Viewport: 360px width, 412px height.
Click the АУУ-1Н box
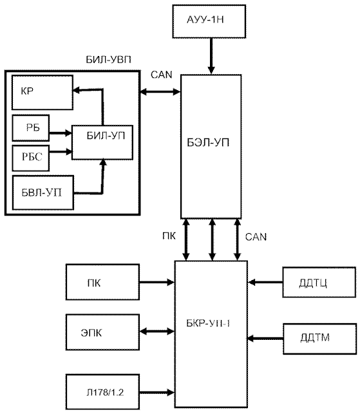pos(209,21)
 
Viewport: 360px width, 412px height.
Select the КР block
pos(43,93)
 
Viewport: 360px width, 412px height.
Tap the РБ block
pos(31,128)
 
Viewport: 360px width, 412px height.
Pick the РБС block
pos(31,158)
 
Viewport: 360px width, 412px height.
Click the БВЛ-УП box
pos(43,192)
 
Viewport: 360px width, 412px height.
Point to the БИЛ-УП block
pos(102,142)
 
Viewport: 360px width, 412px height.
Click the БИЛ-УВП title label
pos(109,60)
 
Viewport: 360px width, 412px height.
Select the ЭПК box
pos(103,332)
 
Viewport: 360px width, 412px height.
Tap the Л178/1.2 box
pos(103,392)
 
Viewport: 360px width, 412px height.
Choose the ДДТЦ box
pos(319,282)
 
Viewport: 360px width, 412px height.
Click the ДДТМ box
pos(320,339)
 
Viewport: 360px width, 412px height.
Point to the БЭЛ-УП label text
pos(208,143)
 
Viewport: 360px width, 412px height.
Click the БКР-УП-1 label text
pos(208,323)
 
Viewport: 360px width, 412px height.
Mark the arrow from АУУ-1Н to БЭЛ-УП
pos(211,56)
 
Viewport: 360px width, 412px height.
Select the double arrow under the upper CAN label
pos(160,91)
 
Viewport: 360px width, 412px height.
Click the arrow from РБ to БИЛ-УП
pos(61,133)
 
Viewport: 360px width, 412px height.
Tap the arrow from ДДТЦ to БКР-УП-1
pos(265,283)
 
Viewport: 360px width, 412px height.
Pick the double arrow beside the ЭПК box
pos(157,332)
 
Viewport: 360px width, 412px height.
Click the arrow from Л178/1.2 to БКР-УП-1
pos(157,393)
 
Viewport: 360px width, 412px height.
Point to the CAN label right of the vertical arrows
pos(256,237)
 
